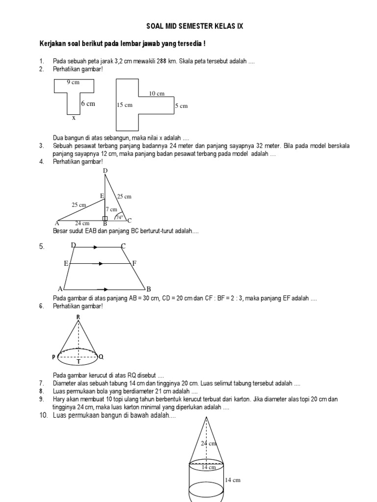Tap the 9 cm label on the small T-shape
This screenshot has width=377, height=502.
73,82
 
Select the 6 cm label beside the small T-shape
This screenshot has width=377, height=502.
88,104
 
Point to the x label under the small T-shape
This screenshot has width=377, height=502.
74,118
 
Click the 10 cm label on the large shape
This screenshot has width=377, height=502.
157,93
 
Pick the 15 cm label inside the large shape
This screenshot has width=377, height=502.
125,105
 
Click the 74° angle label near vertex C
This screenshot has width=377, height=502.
118,216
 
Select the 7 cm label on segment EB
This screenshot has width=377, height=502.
111,209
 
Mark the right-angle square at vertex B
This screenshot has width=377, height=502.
105,218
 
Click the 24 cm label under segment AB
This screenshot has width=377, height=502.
82,223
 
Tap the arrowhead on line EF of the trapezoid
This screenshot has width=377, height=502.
101,264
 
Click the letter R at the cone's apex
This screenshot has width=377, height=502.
78,318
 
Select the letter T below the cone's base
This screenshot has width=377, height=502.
78,362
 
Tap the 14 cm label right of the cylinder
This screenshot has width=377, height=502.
233,480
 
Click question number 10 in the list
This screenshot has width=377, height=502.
43,416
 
